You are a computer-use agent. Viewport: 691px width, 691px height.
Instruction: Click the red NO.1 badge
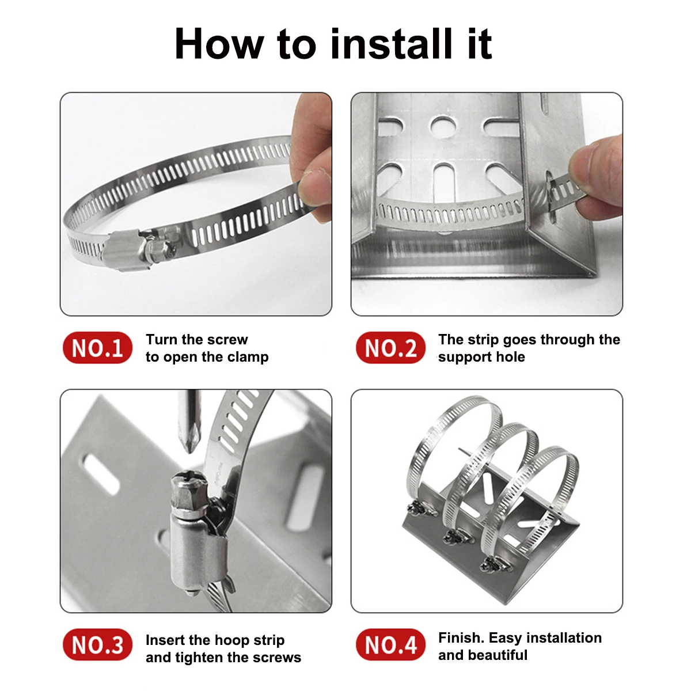(x=97, y=347)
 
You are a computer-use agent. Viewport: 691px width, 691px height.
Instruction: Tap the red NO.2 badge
(x=390, y=347)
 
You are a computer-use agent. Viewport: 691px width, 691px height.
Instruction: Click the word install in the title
(x=392, y=44)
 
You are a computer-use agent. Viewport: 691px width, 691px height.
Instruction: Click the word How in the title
(x=219, y=44)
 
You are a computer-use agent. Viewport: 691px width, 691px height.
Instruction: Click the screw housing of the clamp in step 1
(x=124, y=251)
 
